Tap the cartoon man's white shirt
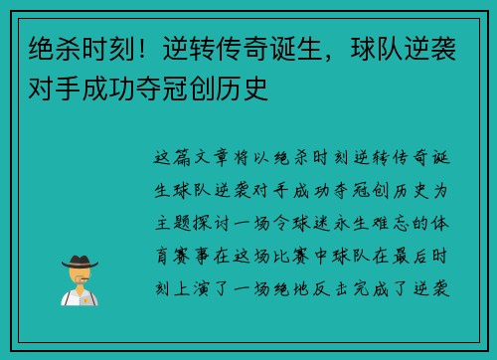(x=79, y=296)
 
